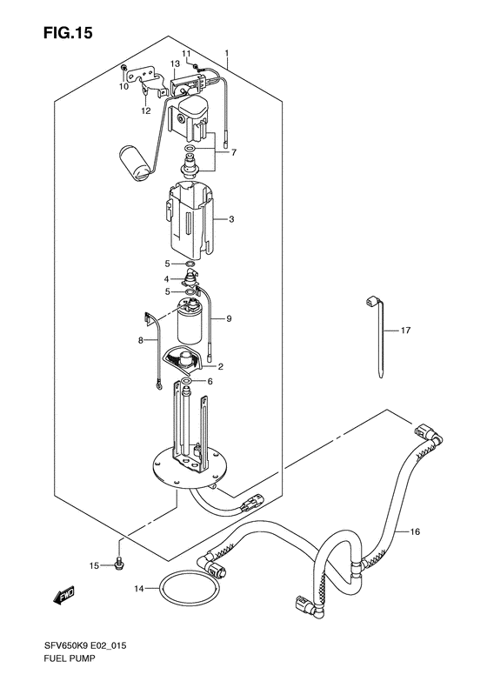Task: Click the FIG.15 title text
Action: [68, 33]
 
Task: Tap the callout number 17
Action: [405, 330]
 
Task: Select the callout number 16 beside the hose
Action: [415, 531]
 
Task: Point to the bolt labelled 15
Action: [118, 565]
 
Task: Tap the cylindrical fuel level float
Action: [137, 162]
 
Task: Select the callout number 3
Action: [231, 219]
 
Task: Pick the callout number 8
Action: [141, 340]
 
